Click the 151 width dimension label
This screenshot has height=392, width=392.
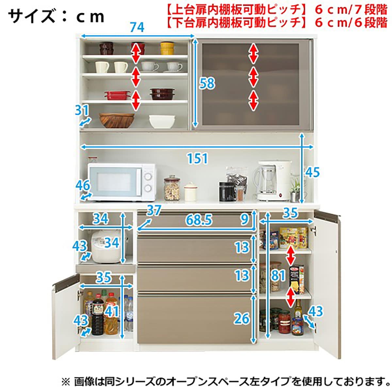[x=197, y=159]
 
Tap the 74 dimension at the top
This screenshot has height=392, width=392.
[x=137, y=28]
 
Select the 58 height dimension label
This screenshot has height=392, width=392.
[x=207, y=84]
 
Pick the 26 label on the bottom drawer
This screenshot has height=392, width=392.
[x=241, y=318]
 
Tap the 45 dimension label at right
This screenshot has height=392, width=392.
[x=312, y=172]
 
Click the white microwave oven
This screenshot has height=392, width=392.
[x=122, y=182]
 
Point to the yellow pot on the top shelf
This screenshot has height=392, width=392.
[x=167, y=48]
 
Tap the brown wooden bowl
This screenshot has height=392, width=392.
[x=117, y=120]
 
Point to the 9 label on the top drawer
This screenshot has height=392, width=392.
[x=245, y=220]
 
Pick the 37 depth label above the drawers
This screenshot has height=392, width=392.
[x=154, y=211]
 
